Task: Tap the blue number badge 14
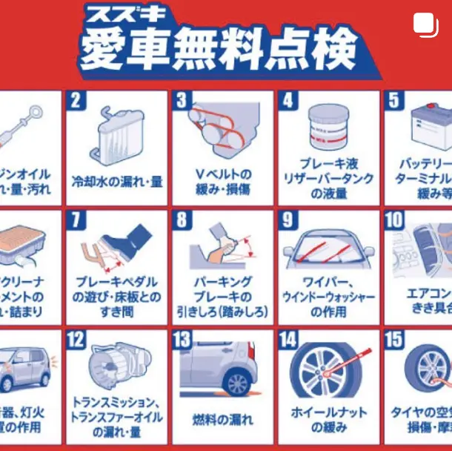pyautogui.click(x=288, y=340)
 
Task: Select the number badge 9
pyautogui.click(x=288, y=220)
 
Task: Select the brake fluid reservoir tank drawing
pyautogui.click(x=327, y=129)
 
